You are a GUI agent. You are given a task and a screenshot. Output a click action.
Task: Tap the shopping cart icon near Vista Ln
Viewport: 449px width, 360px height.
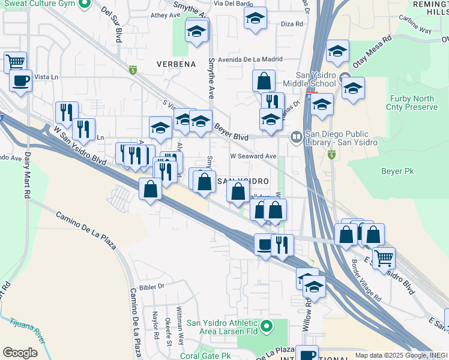tap(15, 62)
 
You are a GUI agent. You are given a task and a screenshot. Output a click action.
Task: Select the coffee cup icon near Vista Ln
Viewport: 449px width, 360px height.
tap(20, 80)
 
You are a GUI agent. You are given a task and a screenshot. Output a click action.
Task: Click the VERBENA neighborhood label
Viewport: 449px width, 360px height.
tap(176, 64)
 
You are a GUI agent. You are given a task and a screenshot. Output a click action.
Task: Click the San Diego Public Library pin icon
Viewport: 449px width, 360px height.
tap(296, 137)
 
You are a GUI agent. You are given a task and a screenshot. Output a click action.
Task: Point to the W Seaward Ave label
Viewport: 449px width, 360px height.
tap(253, 156)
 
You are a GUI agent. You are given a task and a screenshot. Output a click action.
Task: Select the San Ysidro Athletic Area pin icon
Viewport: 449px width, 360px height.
tap(268, 327)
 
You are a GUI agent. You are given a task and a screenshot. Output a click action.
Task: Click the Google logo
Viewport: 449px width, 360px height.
tap(20, 353)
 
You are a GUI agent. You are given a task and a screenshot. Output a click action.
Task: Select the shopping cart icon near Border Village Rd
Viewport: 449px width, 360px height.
tap(384, 258)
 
